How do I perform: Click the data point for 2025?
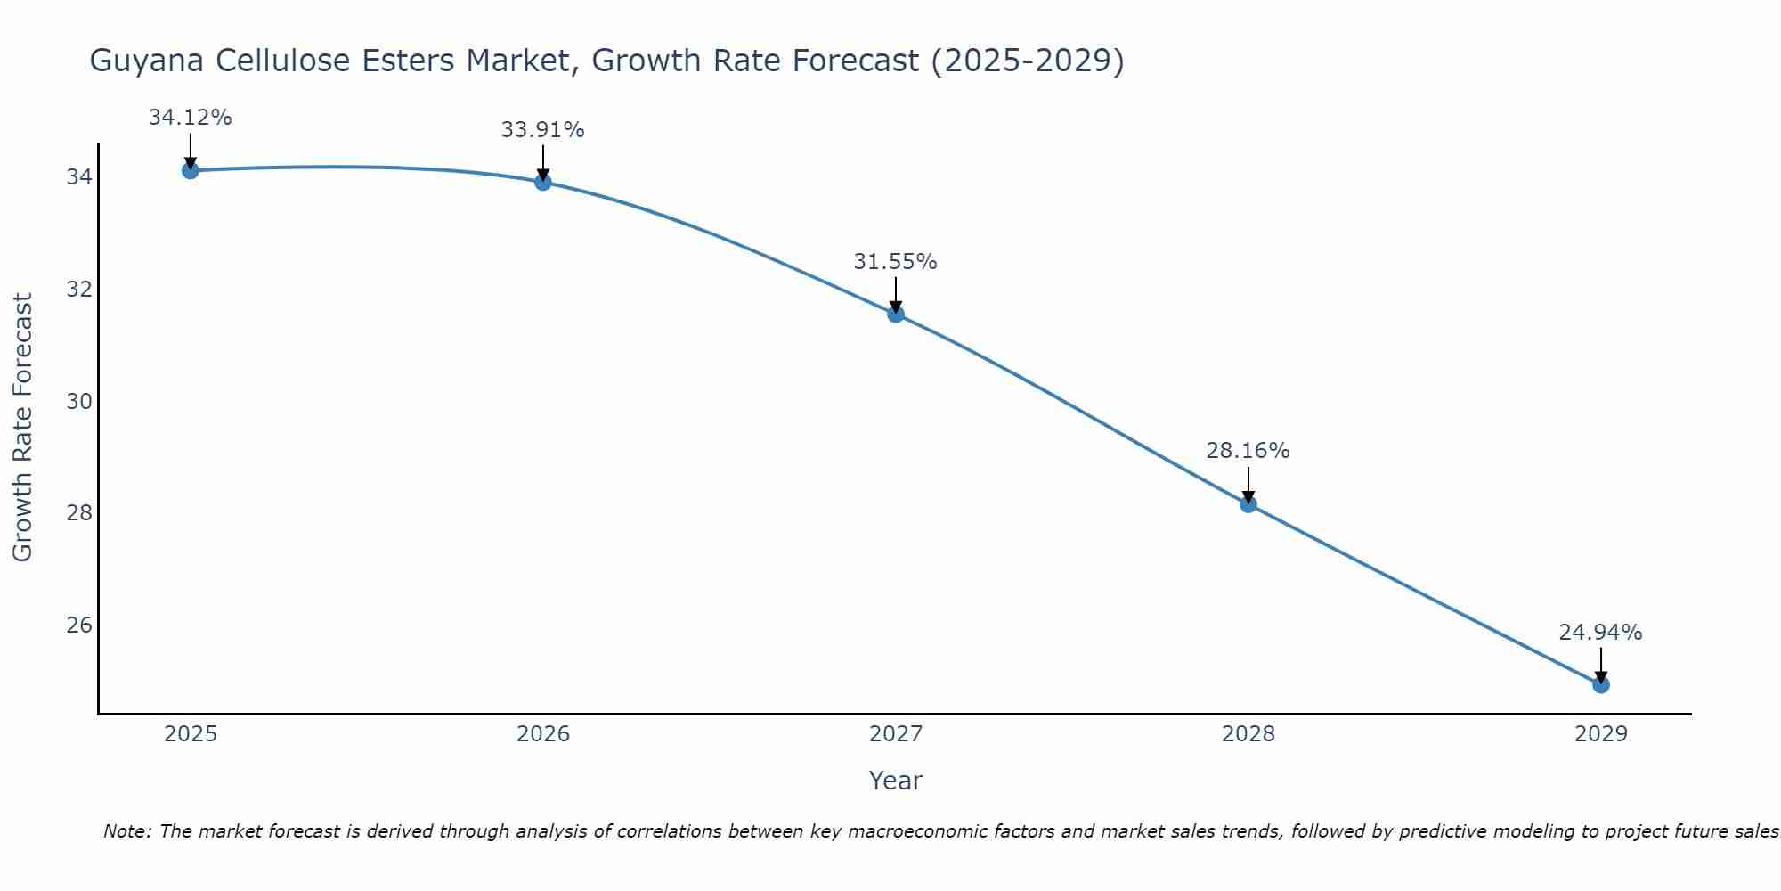[190, 170]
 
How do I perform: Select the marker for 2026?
[543, 182]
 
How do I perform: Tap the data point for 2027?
[896, 314]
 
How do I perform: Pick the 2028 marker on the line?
[1248, 504]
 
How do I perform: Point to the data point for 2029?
[1601, 684]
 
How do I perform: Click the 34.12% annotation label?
[190, 118]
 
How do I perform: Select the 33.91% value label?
[542, 130]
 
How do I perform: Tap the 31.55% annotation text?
[895, 262]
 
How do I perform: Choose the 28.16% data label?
[1248, 451]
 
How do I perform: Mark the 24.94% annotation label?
[1600, 633]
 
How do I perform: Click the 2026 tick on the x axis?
[543, 734]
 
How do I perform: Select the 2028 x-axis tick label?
[1248, 734]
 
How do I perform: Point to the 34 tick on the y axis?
[79, 177]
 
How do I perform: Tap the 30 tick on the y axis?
[79, 401]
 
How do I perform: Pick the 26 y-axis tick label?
[79, 625]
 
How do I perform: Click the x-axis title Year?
[895, 781]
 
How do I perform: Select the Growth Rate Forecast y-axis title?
[22, 427]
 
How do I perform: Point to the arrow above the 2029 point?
[1601, 665]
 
